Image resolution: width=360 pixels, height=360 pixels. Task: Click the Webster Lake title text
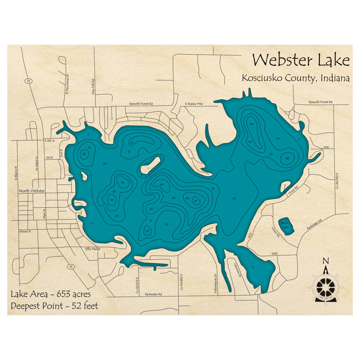(x=301, y=60)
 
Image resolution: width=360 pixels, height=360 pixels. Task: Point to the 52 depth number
(x=123, y=183)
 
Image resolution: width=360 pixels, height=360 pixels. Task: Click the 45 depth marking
(x=196, y=201)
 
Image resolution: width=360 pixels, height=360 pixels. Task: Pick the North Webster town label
(x=32, y=191)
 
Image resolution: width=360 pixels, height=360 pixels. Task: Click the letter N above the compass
(x=325, y=261)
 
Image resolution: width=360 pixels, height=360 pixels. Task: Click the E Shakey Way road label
(x=194, y=104)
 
